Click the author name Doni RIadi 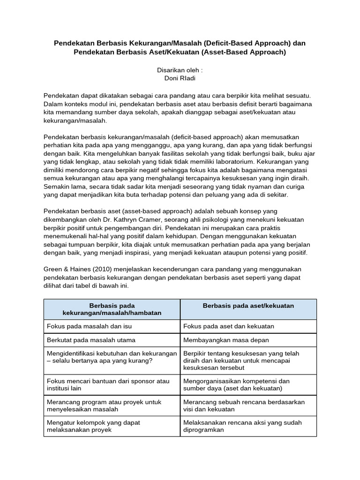pos(180,77)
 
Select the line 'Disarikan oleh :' pos(180,69)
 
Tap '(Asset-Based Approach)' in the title pos(243,52)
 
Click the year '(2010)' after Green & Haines pos(101,269)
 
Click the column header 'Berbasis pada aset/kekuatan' pos(248,306)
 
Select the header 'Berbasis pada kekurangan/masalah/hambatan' pos(112,309)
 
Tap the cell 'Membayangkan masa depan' pos(226,340)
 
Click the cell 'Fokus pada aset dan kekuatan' pos(229,326)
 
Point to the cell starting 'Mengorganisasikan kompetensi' pos(236,385)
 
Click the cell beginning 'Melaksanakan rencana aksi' pos(242,426)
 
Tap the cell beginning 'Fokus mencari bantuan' pos(108,385)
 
